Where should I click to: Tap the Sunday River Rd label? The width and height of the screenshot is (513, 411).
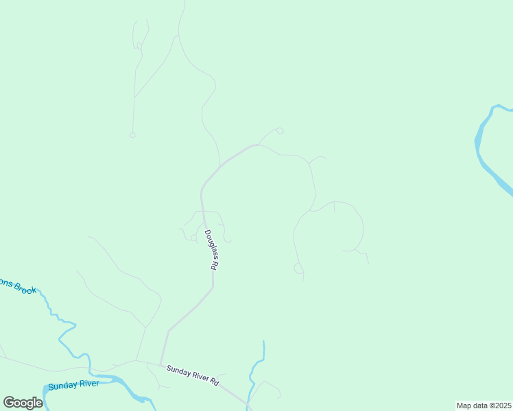(x=192, y=376)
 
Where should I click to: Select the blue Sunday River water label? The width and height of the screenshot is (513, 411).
(x=73, y=385)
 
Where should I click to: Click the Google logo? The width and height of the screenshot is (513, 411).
(x=23, y=403)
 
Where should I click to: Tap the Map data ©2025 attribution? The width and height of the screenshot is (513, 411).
(x=483, y=406)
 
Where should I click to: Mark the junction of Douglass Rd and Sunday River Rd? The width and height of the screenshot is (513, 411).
(x=160, y=364)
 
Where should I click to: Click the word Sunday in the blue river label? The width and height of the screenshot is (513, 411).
(x=62, y=386)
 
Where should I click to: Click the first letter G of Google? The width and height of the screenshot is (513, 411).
(x=9, y=403)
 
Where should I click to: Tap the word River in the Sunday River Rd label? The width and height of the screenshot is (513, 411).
(x=198, y=377)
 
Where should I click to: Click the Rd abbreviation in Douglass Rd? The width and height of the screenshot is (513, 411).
(x=214, y=264)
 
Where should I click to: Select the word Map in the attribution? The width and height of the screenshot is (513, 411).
(x=464, y=406)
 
